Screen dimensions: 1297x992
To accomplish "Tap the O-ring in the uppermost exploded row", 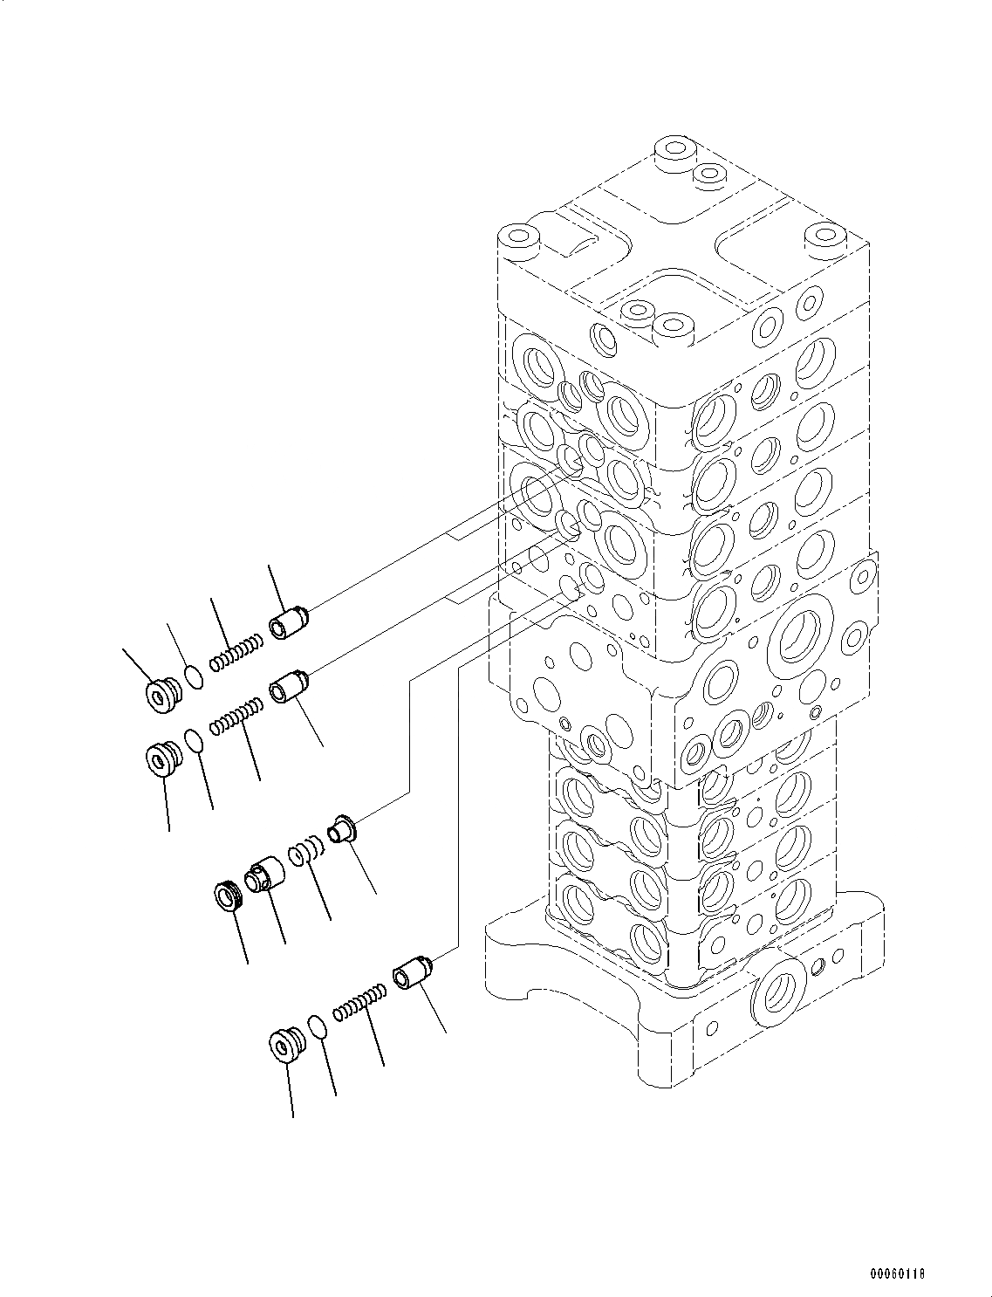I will (x=195, y=676).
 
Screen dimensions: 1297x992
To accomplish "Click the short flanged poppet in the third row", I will (x=340, y=827).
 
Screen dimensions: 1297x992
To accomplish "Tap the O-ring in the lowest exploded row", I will (x=318, y=1026).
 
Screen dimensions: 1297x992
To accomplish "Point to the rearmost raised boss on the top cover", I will (x=673, y=150).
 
